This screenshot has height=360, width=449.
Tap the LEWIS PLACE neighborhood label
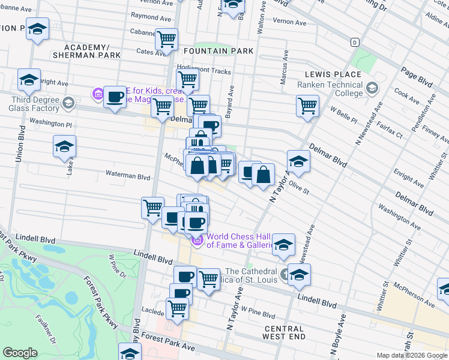[x=333, y=74]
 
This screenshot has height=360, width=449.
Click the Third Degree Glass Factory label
[x=34, y=104]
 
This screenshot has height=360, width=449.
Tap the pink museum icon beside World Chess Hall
[x=197, y=241]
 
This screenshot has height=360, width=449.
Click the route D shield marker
[x=355, y=42]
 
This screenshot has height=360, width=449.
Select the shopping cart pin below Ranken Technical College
[x=307, y=105]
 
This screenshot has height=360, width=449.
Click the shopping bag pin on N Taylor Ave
[x=263, y=175]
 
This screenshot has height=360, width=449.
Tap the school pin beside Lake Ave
[x=64, y=146]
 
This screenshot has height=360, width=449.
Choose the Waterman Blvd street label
[x=127, y=177]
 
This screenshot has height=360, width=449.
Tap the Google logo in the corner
[x=20, y=353]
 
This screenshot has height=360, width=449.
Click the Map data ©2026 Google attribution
[x=412, y=355]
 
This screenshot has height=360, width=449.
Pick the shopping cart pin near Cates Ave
[x=166, y=39]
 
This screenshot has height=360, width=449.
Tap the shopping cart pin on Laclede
[x=178, y=308]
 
